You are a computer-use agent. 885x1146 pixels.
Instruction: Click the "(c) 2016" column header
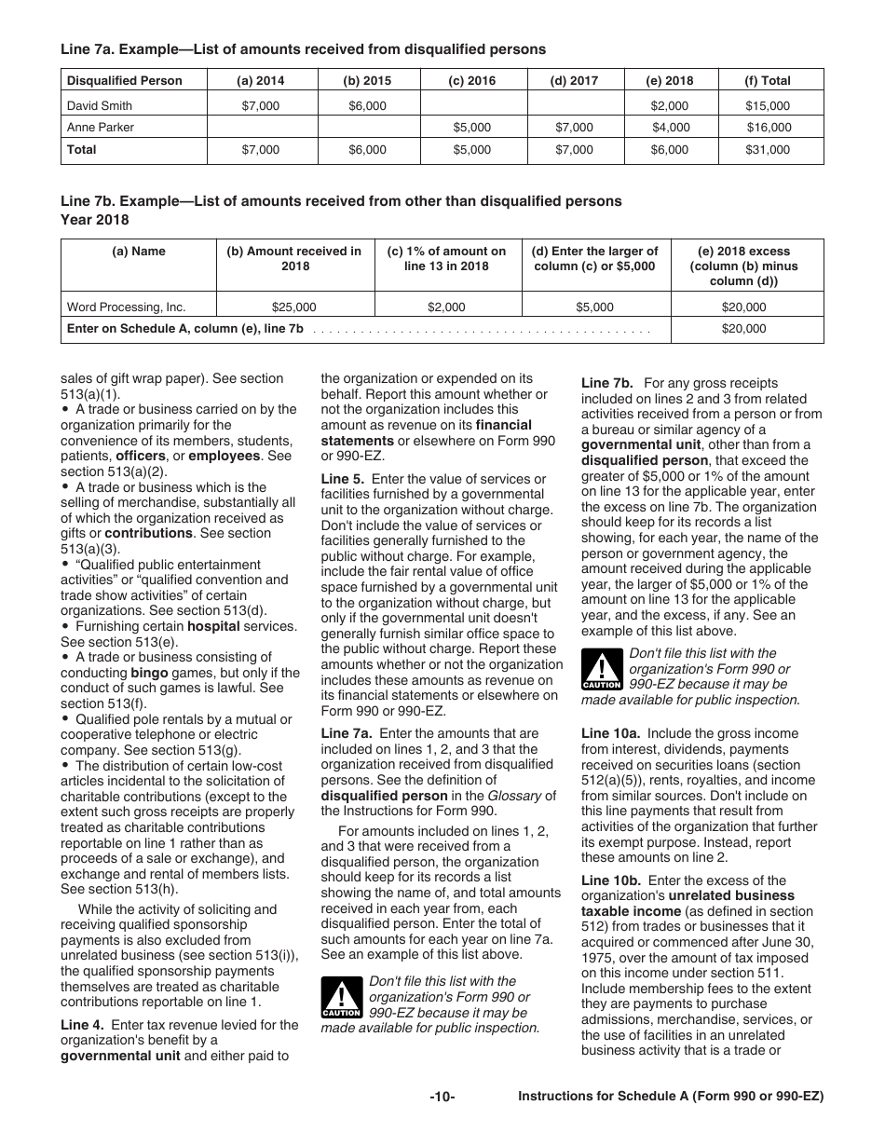pos(472,81)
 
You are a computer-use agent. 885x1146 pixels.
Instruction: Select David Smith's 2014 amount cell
pos(260,106)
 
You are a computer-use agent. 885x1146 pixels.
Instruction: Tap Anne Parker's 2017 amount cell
pos(574,128)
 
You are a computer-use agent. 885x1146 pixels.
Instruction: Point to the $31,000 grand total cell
pos(768,150)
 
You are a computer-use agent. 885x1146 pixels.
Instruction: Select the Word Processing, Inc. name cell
pos(127,307)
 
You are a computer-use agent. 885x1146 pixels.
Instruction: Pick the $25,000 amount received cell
pos(293,307)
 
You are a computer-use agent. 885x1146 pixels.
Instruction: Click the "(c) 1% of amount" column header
pos(446,258)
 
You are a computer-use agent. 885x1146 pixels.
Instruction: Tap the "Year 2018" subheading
pos(95,220)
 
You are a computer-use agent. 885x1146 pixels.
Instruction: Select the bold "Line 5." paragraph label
pos(341,479)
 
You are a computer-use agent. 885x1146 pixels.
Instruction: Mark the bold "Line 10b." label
pos(610,880)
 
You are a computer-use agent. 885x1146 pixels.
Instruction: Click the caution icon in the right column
pos(601,671)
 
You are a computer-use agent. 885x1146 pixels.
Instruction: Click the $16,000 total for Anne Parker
pos(768,128)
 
